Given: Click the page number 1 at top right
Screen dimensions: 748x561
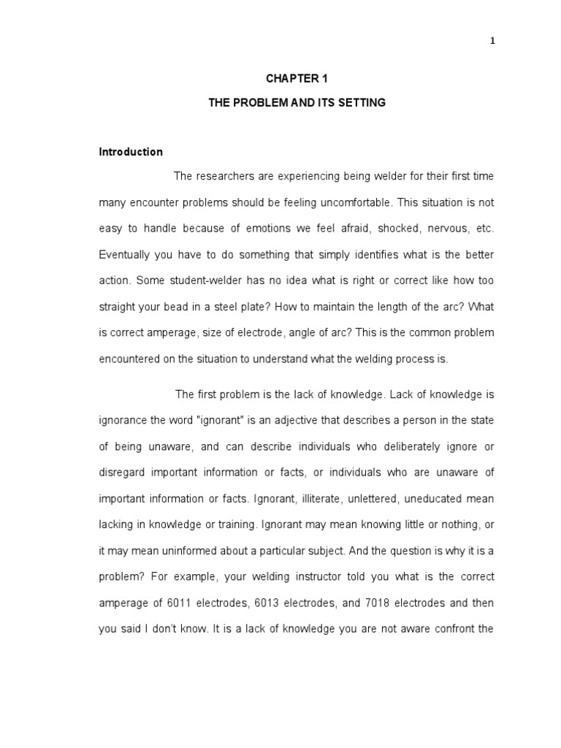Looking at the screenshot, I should coord(492,41).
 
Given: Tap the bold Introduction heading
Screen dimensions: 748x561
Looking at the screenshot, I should coord(131,152).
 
